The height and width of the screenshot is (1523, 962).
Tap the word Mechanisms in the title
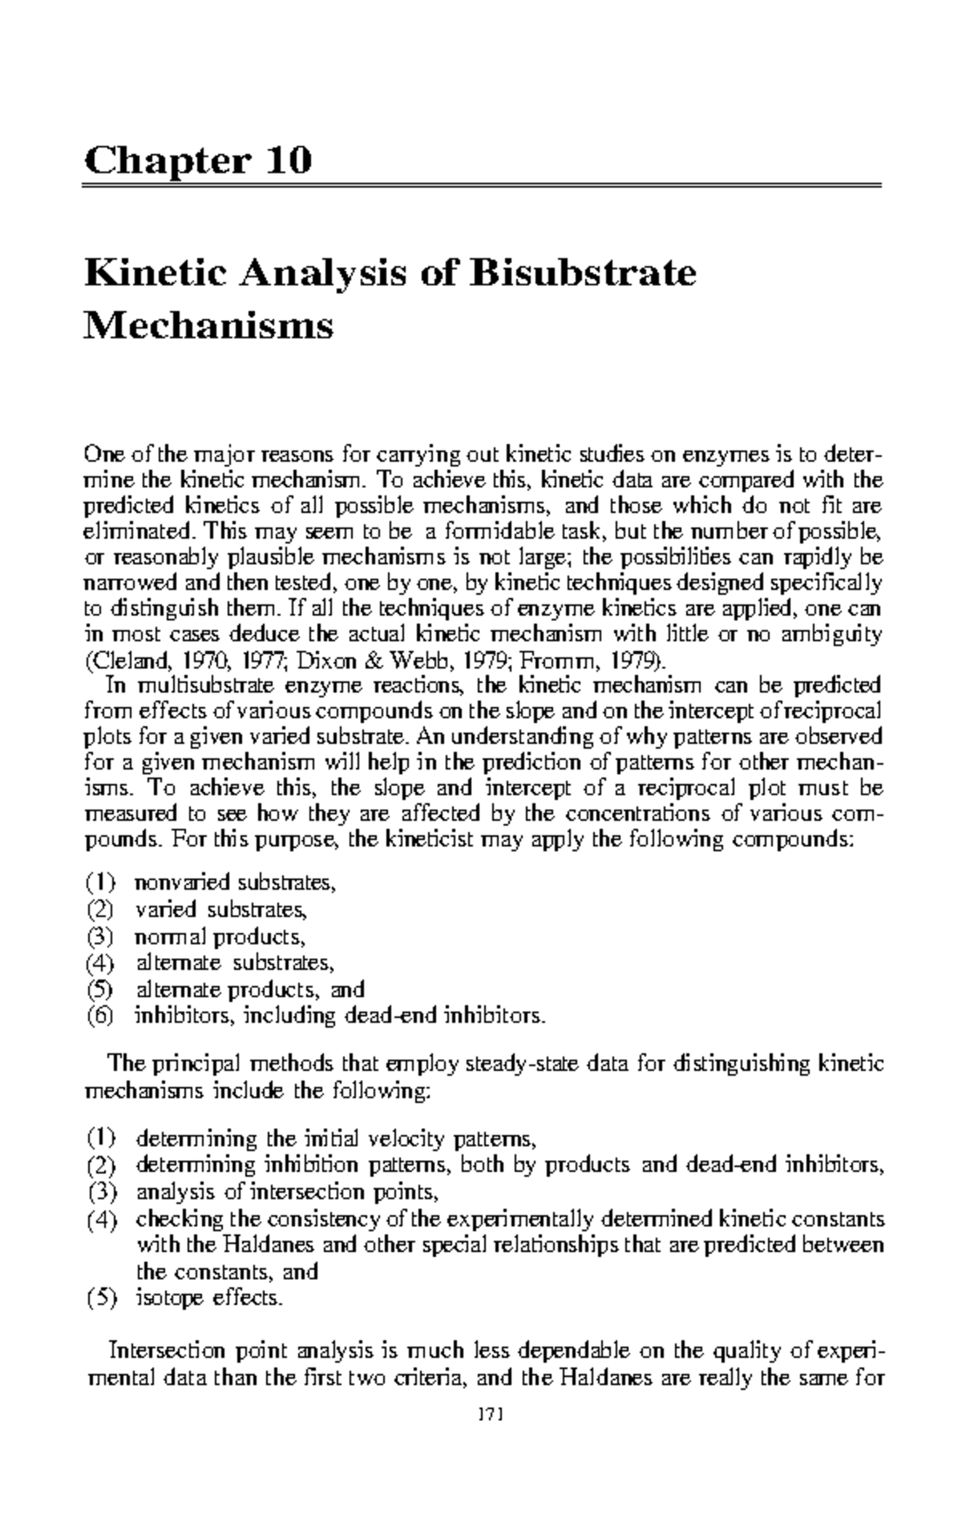click(x=208, y=325)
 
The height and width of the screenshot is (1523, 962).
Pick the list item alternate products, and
click(x=250, y=989)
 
